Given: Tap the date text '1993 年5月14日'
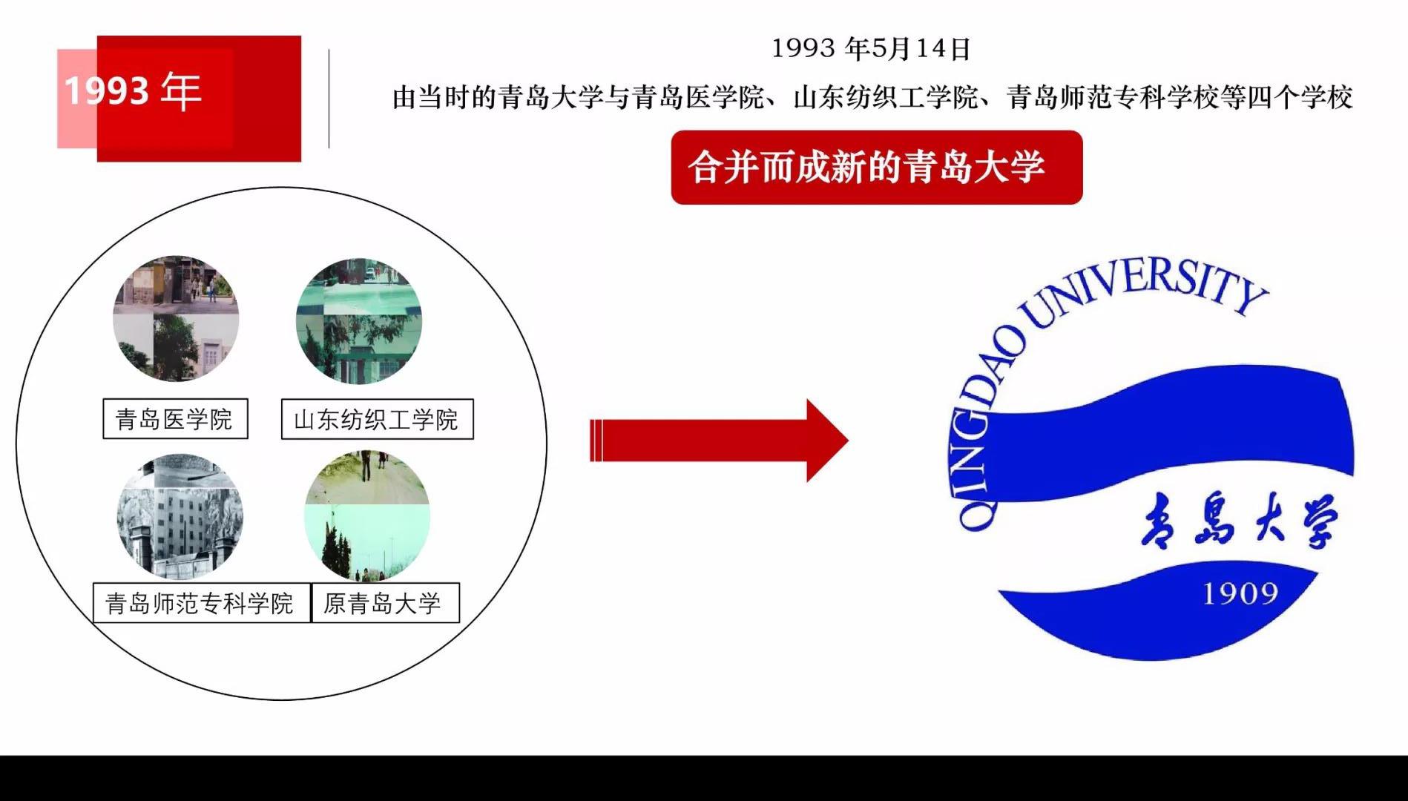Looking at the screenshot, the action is pyautogui.click(x=871, y=49).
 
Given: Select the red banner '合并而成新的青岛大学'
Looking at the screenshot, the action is pyautogui.click(x=876, y=167).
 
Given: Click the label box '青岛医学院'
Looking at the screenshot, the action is pyautogui.click(x=175, y=419).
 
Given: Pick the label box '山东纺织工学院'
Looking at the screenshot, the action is pyautogui.click(x=377, y=420).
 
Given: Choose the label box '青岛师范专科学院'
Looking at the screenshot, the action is pyautogui.click(x=201, y=602).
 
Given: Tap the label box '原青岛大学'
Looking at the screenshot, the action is pyautogui.click(x=385, y=602).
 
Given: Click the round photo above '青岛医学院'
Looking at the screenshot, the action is pyautogui.click(x=176, y=319).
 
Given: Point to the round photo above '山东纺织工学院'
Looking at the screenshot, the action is pyautogui.click(x=359, y=320).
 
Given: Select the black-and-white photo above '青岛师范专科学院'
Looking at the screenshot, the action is pyautogui.click(x=180, y=517).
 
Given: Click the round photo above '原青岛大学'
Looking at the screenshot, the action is pyautogui.click(x=367, y=517).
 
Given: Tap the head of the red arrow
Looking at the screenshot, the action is pyautogui.click(x=827, y=441).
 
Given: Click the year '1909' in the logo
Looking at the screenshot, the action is pyautogui.click(x=1240, y=593).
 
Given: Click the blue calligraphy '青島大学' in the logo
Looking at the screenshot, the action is pyautogui.click(x=1240, y=519).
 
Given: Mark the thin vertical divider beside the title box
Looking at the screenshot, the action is pyautogui.click(x=329, y=99).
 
